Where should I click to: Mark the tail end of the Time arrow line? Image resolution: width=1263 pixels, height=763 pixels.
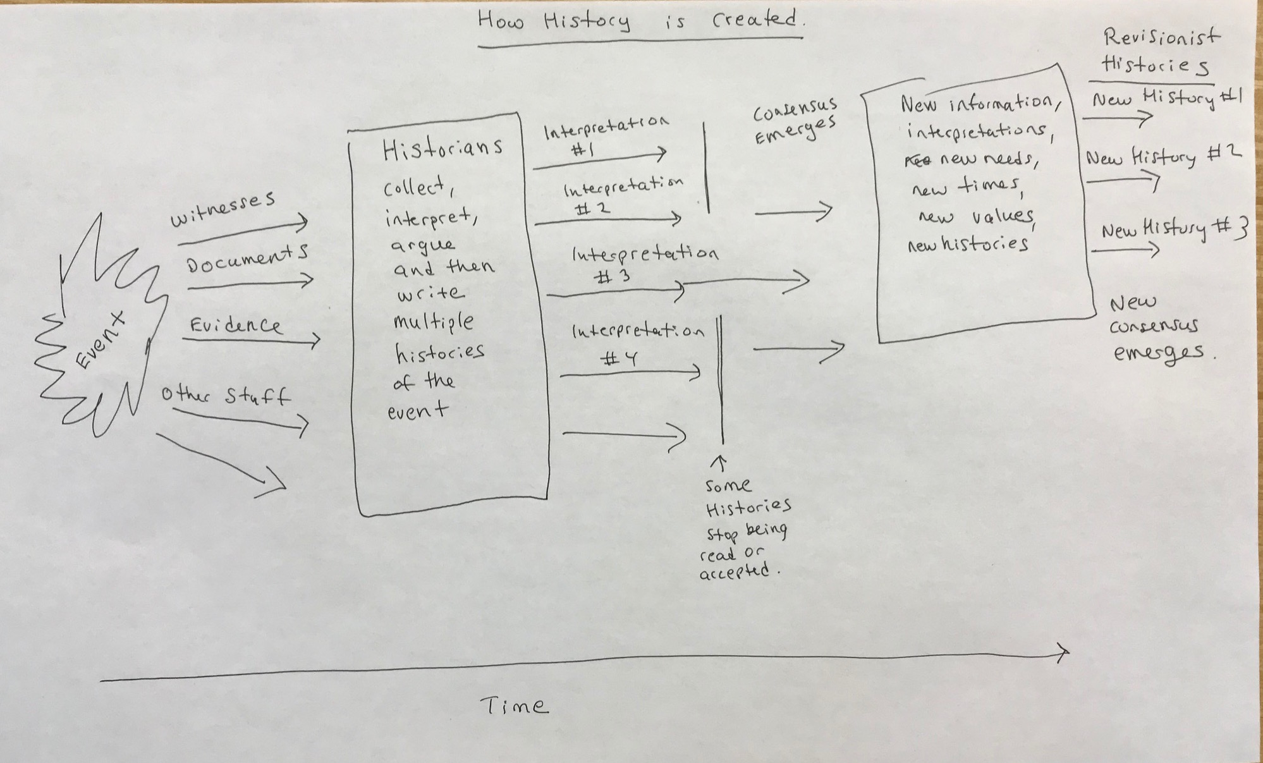pos(101,680)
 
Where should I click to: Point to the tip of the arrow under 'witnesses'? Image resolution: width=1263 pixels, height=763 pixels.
pos(308,222)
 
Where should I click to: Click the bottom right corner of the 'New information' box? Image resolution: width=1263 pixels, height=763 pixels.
pos(1095,313)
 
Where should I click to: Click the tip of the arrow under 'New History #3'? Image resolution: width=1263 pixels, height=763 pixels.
pos(1159,250)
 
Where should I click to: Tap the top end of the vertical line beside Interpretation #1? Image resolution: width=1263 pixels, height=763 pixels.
pos(705,123)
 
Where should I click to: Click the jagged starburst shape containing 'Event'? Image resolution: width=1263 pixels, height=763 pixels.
pos(101,326)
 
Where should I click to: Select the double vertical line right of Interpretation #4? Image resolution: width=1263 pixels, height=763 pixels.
pos(720,379)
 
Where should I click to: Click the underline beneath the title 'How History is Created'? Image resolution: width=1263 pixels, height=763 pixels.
pos(640,42)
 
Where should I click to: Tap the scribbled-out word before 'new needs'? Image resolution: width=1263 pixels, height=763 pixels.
pos(918,161)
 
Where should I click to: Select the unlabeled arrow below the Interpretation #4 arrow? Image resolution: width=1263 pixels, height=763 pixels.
pos(624,435)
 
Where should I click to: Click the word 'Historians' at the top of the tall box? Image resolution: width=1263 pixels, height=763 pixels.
pos(442,148)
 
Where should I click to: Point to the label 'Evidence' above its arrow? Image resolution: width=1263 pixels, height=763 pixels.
pos(235,325)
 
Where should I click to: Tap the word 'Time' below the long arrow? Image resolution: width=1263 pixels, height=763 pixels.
pos(513,705)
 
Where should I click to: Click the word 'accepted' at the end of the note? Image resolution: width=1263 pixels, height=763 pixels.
pos(735,572)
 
